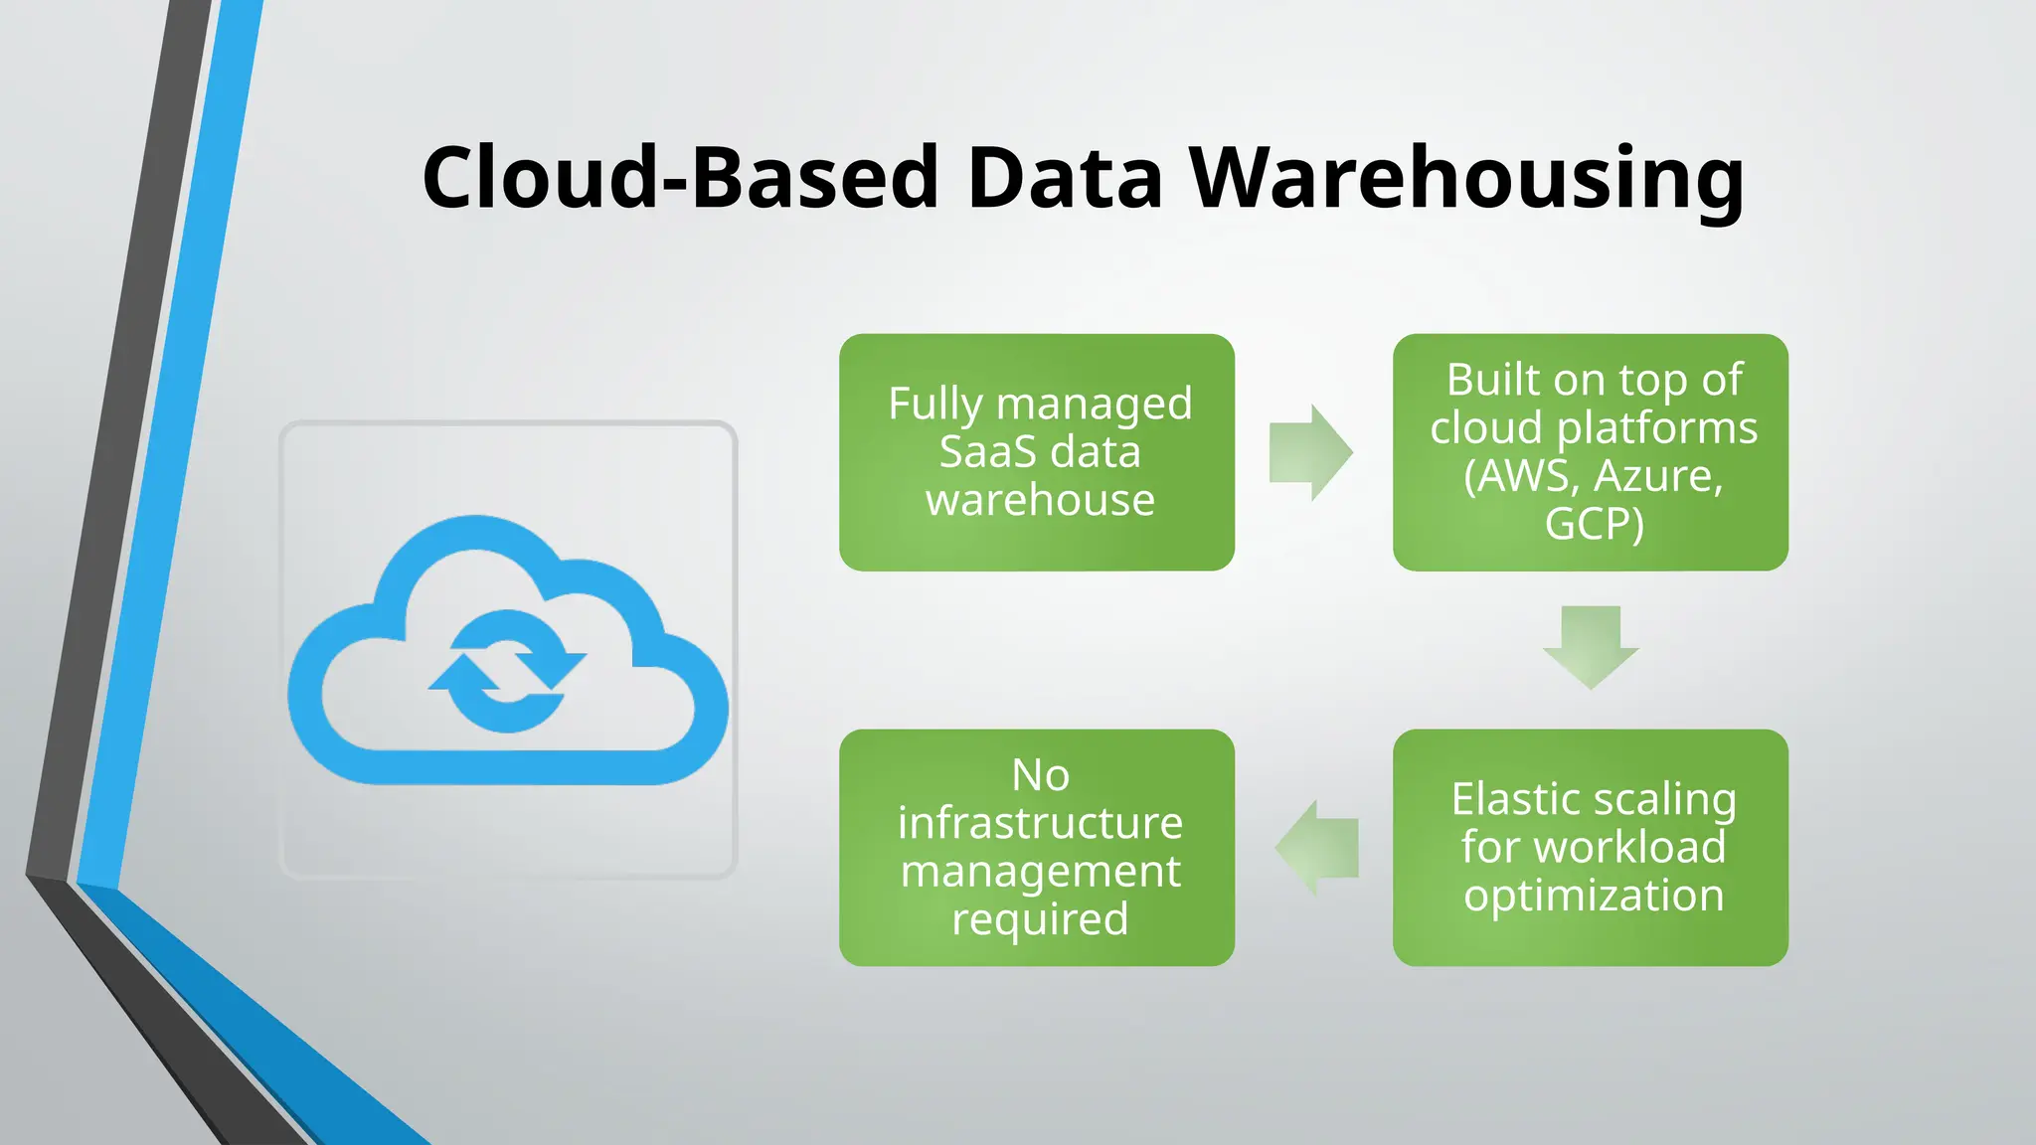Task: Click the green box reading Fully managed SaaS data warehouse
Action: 1037,452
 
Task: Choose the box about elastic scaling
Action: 1591,848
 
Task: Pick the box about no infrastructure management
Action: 1037,848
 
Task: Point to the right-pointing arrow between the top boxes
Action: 1310,452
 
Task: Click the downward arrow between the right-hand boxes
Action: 1591,647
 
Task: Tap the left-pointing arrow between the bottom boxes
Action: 1317,848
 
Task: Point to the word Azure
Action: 1657,476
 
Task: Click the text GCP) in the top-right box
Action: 1594,524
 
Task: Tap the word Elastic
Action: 1515,799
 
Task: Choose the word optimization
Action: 1594,896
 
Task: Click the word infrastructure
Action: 1040,823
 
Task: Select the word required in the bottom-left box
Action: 1040,919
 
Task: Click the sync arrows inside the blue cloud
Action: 507,671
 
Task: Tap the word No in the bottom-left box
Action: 1040,775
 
